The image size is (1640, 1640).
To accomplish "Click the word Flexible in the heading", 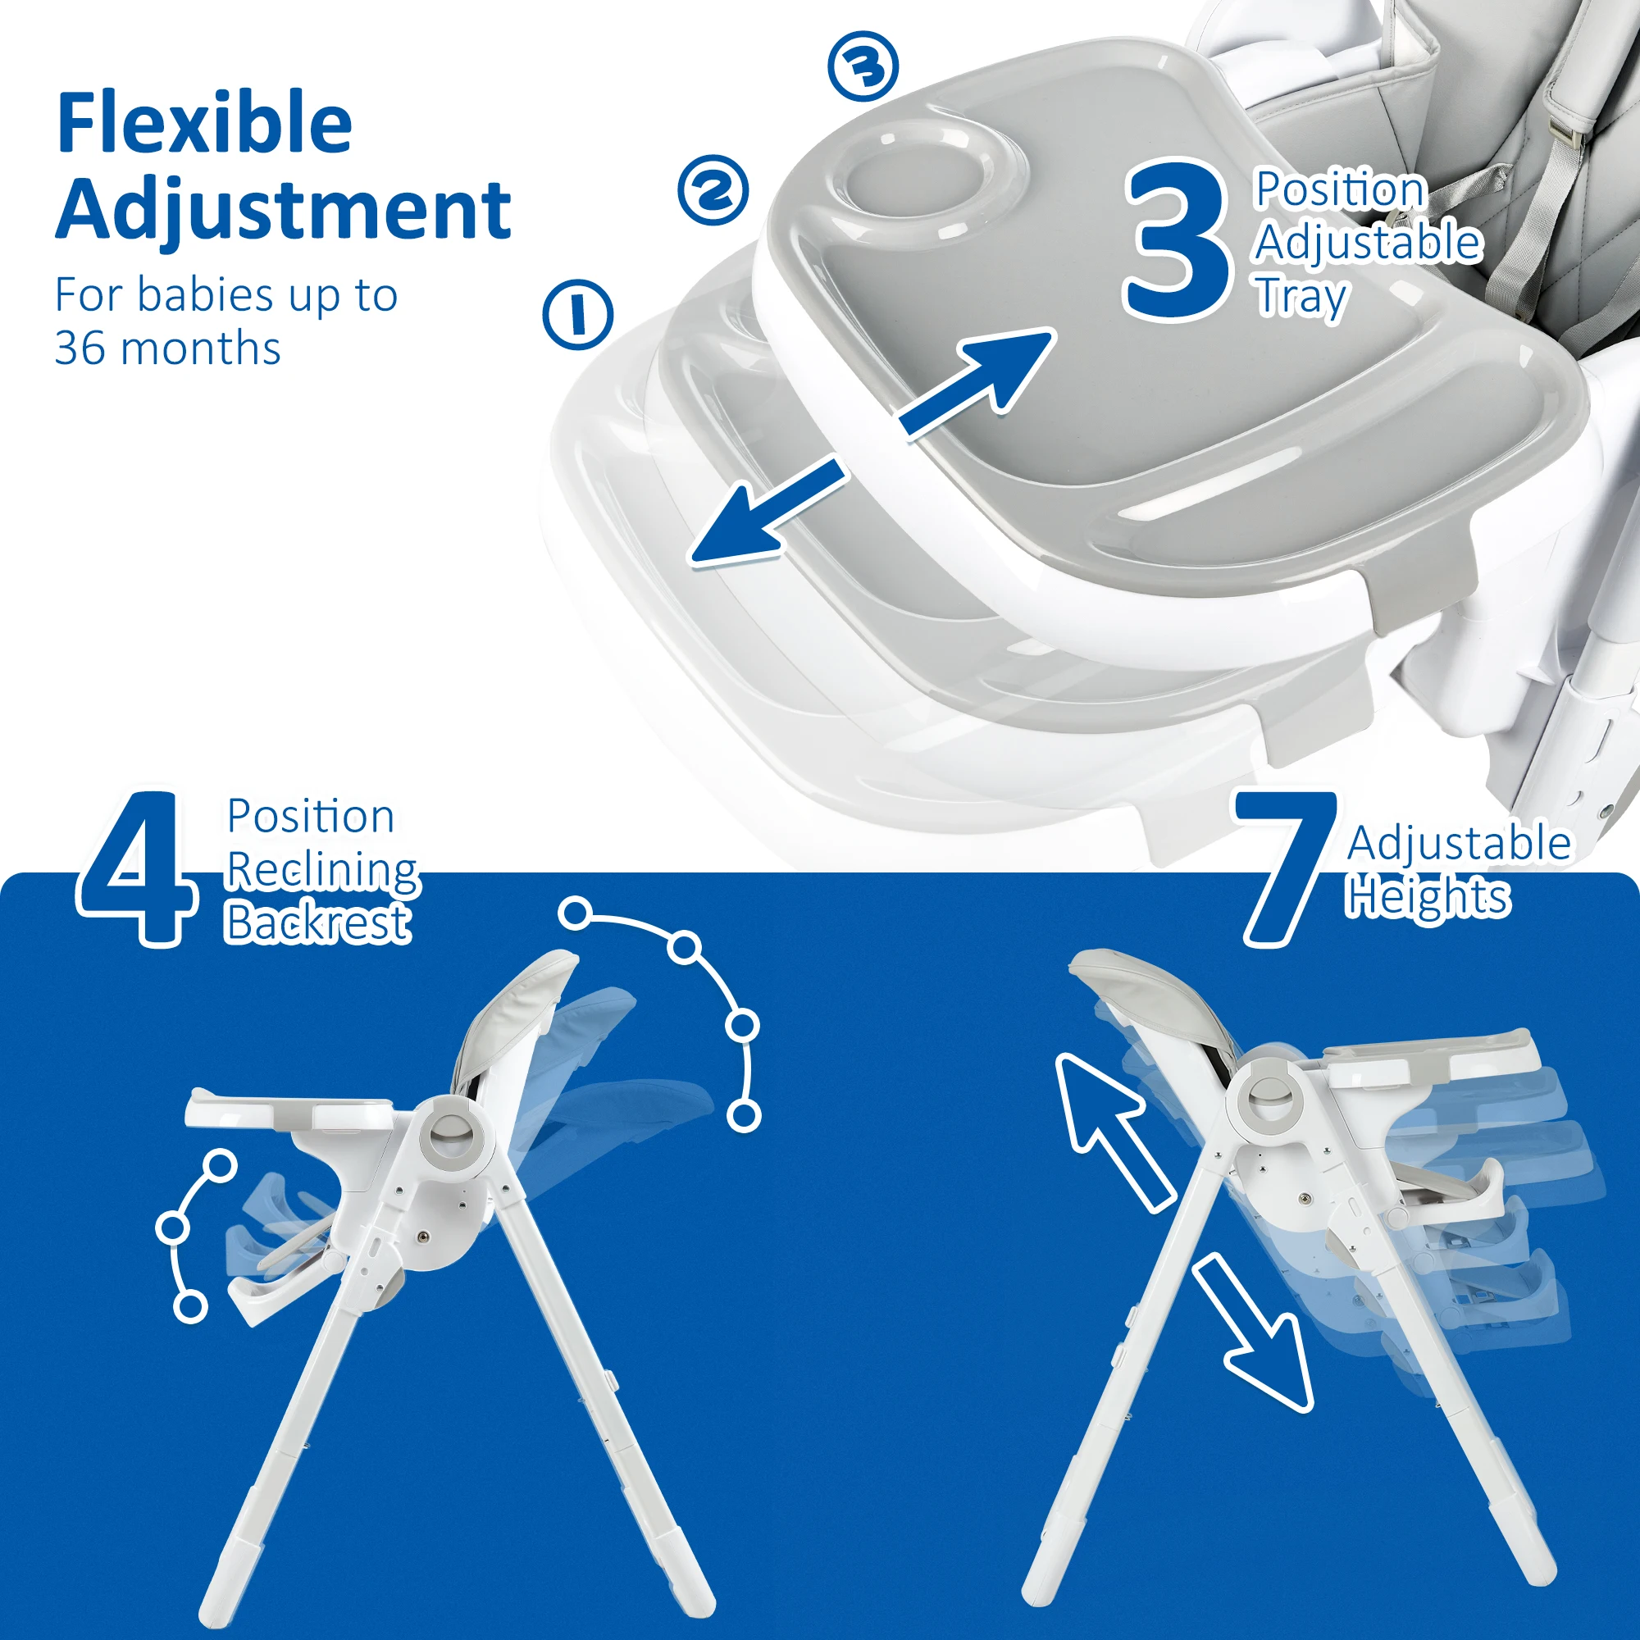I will (x=203, y=124).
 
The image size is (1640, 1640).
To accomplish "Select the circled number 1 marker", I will (x=578, y=314).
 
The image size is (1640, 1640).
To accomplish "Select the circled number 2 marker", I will (x=713, y=190).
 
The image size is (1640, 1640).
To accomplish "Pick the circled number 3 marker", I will (x=863, y=66).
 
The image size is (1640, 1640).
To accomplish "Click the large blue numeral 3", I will (x=1178, y=243).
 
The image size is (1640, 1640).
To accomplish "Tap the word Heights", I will (x=1428, y=896).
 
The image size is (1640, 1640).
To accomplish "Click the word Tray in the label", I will (x=1301, y=296).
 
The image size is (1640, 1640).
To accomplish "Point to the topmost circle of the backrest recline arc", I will (x=576, y=914).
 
